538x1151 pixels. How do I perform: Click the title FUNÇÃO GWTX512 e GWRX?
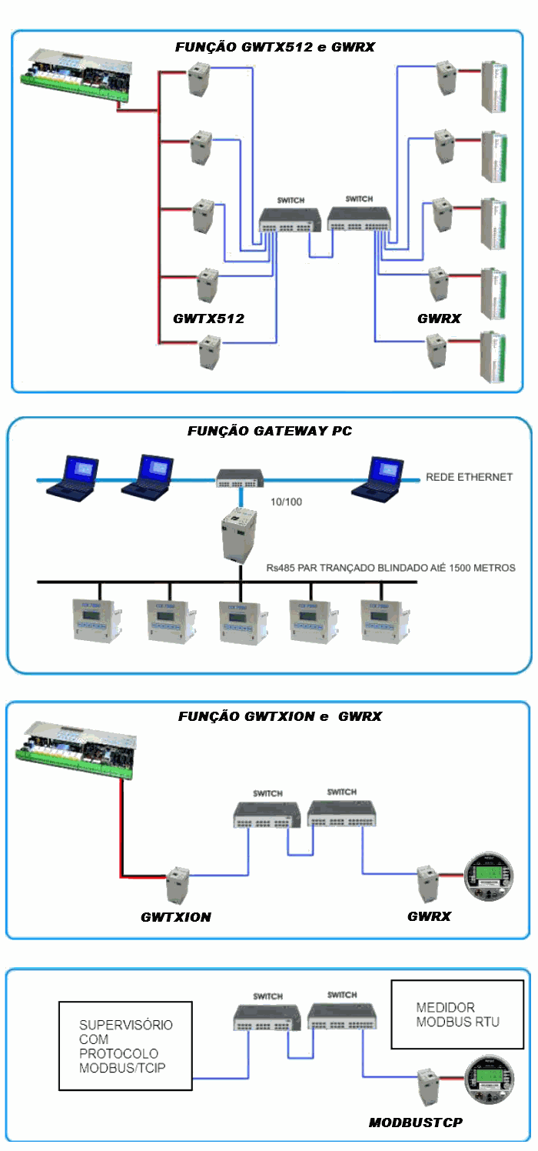[274, 47]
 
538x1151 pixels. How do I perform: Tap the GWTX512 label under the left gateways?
[208, 318]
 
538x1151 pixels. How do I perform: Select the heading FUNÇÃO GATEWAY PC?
[269, 432]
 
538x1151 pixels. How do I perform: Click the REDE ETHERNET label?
[469, 478]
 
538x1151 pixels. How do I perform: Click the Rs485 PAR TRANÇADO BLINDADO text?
[391, 568]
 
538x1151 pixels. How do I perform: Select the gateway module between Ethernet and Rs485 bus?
[239, 536]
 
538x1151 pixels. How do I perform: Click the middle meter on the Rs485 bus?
[240, 619]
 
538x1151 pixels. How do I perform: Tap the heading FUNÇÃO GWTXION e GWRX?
[280, 716]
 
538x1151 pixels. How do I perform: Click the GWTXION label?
[176, 917]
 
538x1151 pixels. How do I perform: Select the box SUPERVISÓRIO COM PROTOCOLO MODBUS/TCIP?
[125, 1046]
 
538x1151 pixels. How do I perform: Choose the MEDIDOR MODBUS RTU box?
[457, 1015]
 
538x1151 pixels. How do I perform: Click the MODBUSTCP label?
[415, 1123]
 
